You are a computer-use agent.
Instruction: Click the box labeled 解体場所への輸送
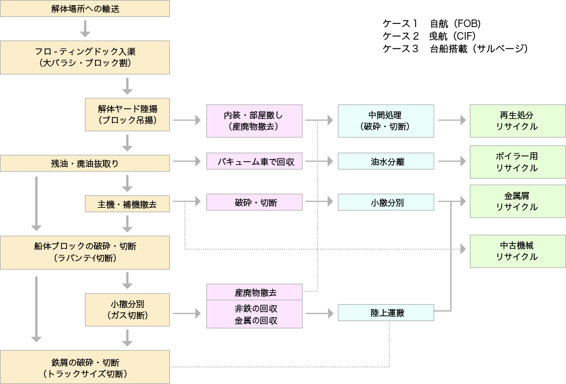85,9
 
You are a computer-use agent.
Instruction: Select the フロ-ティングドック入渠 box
85,57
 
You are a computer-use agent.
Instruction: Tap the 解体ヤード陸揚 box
128,114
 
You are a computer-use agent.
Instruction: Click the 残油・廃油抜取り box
85,163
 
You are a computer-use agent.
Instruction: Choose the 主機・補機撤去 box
128,204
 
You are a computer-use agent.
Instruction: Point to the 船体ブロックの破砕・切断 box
85,252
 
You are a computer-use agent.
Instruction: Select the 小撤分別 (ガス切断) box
128,309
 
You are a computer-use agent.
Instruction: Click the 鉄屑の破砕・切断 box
85,368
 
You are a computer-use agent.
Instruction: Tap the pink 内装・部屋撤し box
254,121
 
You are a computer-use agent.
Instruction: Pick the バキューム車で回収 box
254,162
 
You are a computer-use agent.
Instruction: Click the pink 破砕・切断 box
254,203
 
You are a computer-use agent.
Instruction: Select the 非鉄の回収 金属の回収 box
254,314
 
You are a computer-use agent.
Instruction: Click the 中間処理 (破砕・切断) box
386,121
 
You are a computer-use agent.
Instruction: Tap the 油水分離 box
386,162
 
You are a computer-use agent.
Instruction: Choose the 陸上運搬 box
386,312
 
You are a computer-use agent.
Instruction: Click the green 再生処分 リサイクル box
513,121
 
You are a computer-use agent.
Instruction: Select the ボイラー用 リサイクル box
513,162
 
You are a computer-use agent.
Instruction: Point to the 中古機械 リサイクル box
513,251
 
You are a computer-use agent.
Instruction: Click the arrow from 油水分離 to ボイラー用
451,162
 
